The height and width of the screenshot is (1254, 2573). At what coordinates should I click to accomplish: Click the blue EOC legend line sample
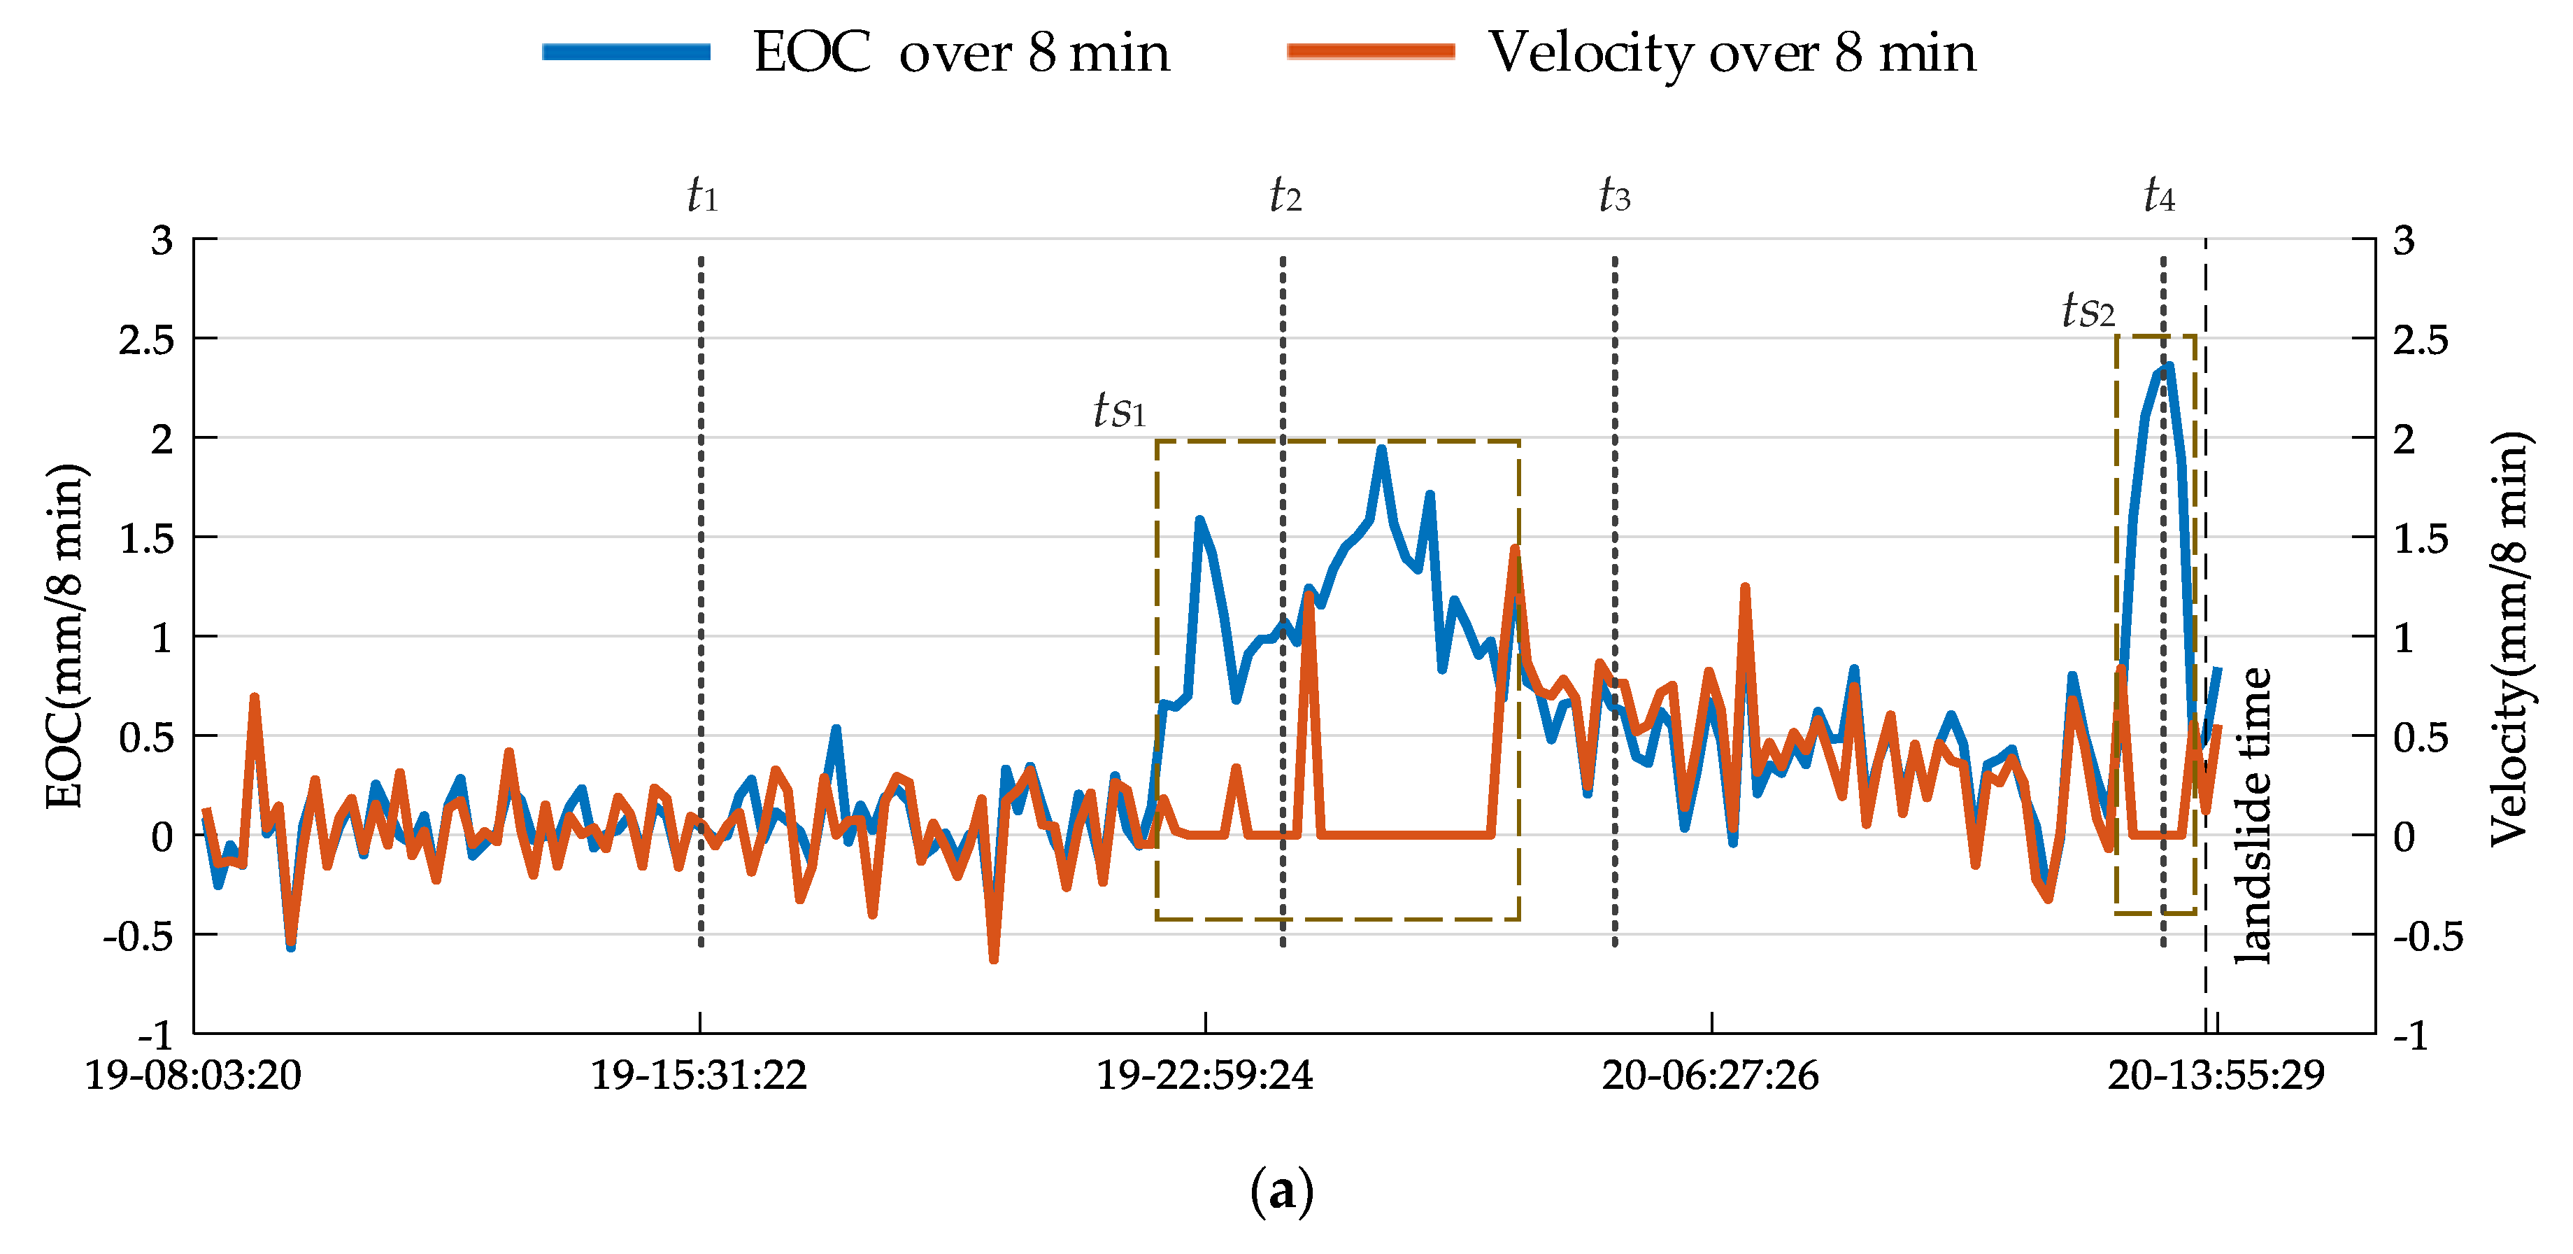coord(626,52)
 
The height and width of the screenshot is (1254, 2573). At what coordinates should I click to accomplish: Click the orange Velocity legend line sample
coord(1370,52)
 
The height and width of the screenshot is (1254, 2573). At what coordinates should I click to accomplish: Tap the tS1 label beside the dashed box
coord(1119,409)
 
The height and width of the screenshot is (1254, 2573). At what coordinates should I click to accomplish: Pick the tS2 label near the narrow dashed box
coord(2088,310)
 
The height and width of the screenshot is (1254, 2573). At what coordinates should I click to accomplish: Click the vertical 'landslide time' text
coord(2253,815)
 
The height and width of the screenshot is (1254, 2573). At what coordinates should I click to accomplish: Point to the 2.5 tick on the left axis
coord(146,339)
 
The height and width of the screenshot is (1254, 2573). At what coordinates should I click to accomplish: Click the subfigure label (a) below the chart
coord(1281,1191)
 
